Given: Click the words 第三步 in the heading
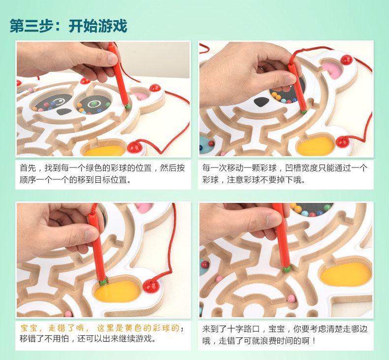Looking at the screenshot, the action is point(31,26).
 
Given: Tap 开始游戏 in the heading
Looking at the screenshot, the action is point(98,26).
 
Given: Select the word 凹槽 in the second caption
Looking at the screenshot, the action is point(293,168).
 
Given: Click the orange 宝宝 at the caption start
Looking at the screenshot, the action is point(29,328).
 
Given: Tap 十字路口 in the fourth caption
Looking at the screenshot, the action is point(243,329).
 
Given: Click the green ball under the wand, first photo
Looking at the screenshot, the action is point(128,107).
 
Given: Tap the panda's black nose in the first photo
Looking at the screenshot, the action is point(64,112).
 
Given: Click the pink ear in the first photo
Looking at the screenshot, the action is point(141,96).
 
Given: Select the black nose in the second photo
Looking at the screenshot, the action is point(261,102).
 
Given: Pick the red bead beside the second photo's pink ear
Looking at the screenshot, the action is point(346,60).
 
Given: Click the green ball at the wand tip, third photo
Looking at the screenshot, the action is point(103,282).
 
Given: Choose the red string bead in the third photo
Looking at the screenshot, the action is point(151,286).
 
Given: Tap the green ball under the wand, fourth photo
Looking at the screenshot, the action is point(287,269).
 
